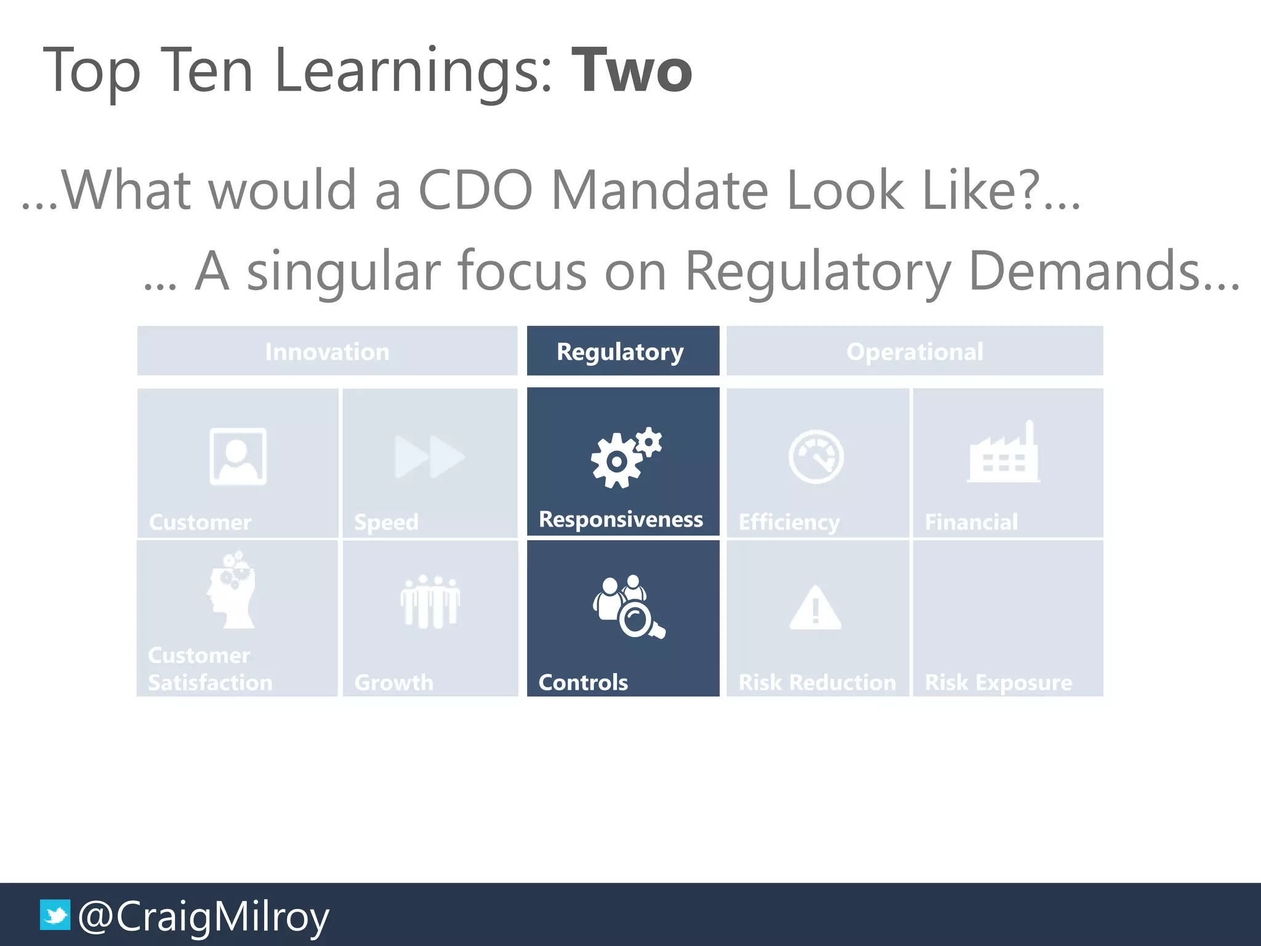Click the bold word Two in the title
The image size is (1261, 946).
[632, 71]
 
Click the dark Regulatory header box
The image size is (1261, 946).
[622, 351]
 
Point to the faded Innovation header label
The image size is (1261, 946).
[327, 352]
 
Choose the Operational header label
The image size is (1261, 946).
[914, 352]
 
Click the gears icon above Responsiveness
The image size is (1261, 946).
[625, 457]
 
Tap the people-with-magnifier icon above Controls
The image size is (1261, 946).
[628, 607]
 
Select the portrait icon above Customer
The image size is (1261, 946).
[238, 456]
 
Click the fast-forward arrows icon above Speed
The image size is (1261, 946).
[430, 456]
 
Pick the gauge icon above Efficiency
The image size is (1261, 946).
[816, 456]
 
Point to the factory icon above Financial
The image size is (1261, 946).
[1004, 453]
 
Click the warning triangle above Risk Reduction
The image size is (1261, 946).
[815, 608]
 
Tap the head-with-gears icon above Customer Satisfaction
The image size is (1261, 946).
[232, 590]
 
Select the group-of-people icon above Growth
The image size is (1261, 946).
[430, 601]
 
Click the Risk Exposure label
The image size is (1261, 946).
[998, 682]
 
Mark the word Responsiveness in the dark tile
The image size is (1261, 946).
[621, 520]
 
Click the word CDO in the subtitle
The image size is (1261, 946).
[475, 190]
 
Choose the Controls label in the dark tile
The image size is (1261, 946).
[583, 682]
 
